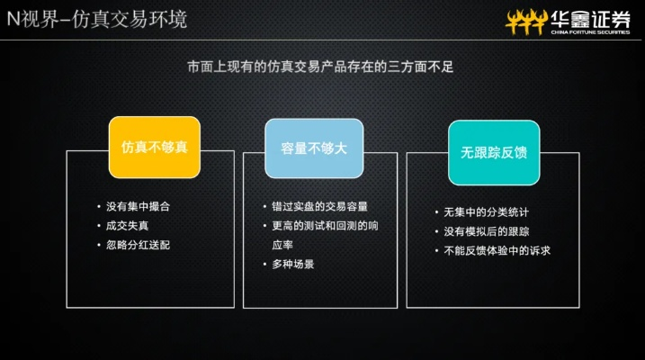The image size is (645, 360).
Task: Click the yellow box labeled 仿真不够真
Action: tap(154, 147)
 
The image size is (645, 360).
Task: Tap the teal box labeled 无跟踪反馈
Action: tap(494, 152)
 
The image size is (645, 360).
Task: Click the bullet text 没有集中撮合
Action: tap(138, 206)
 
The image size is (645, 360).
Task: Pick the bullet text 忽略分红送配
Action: tap(138, 245)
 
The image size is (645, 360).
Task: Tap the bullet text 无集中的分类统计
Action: tap(486, 212)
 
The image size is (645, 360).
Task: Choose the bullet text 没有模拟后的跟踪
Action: tap(486, 231)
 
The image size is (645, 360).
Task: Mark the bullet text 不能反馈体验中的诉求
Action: tap(497, 250)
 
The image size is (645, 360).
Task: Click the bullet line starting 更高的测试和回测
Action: tap(319, 226)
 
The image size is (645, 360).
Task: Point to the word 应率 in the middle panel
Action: tap(283, 245)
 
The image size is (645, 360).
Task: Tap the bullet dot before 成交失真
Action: tap(98, 226)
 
